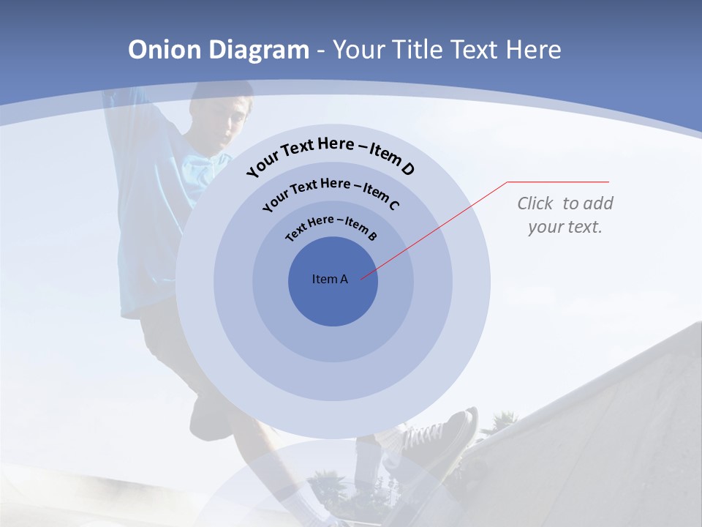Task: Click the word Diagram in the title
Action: point(259,50)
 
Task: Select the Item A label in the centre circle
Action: point(330,279)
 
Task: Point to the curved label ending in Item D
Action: point(331,153)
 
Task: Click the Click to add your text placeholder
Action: point(565,214)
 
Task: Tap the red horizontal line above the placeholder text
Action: point(558,182)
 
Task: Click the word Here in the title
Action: point(532,50)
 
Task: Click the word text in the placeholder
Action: point(585,227)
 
